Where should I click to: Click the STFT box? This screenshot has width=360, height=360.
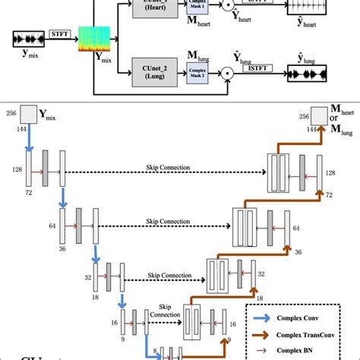pos(58,33)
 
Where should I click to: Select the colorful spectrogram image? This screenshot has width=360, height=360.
pos(94,40)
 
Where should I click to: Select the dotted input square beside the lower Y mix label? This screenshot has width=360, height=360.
pos(27,114)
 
